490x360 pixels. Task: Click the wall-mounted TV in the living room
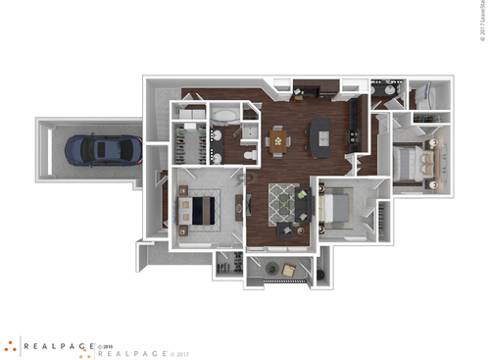(x=251, y=205)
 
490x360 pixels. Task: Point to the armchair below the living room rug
(x=285, y=231)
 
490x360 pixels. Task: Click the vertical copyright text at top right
(x=483, y=20)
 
